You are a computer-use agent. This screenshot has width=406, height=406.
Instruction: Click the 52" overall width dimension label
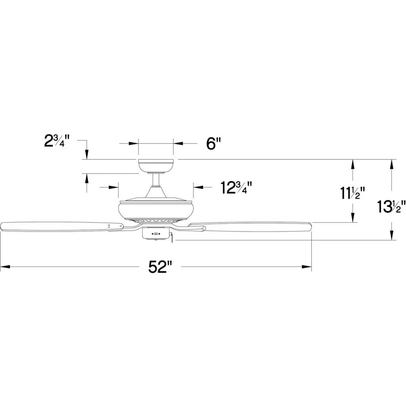[161, 267]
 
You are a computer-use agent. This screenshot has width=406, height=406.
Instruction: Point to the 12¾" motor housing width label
[236, 188]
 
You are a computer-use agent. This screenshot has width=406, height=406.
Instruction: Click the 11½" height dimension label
[352, 193]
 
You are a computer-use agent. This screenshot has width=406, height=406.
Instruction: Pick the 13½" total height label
[391, 207]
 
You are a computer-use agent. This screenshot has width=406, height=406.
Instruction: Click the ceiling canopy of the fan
[156, 166]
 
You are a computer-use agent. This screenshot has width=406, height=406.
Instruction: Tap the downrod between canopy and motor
[156, 180]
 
